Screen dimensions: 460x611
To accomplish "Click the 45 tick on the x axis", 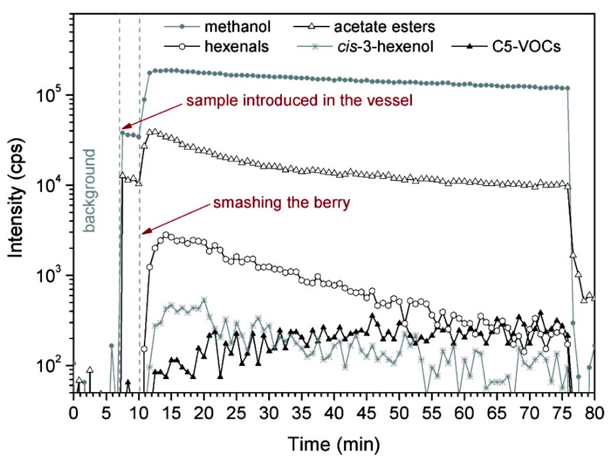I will point(367,414).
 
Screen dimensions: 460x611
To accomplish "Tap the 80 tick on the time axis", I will point(594,414).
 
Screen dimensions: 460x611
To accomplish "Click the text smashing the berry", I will point(281,202).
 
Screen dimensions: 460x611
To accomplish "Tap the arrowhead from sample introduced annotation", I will point(122,128).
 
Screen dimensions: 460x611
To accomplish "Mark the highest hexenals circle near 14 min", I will point(166,235).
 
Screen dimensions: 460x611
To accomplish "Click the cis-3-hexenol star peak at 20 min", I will point(204,300).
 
